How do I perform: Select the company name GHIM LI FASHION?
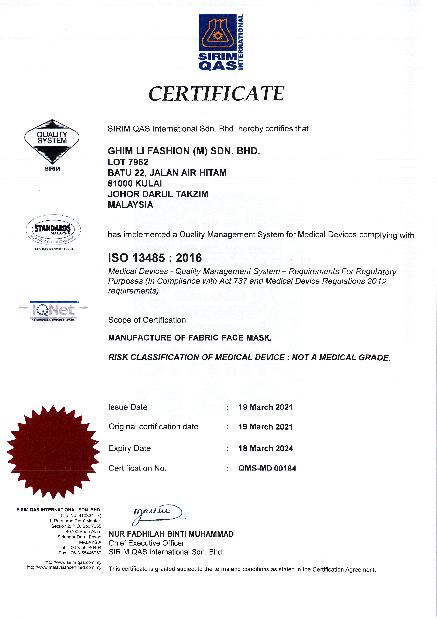point(184,151)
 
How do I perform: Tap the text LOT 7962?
point(128,162)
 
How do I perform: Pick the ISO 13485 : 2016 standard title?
point(155,258)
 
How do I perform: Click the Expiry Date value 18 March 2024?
point(266,448)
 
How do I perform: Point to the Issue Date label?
point(128,407)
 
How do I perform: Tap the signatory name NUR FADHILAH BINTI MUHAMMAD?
point(171,534)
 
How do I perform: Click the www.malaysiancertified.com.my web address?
point(64,567)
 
